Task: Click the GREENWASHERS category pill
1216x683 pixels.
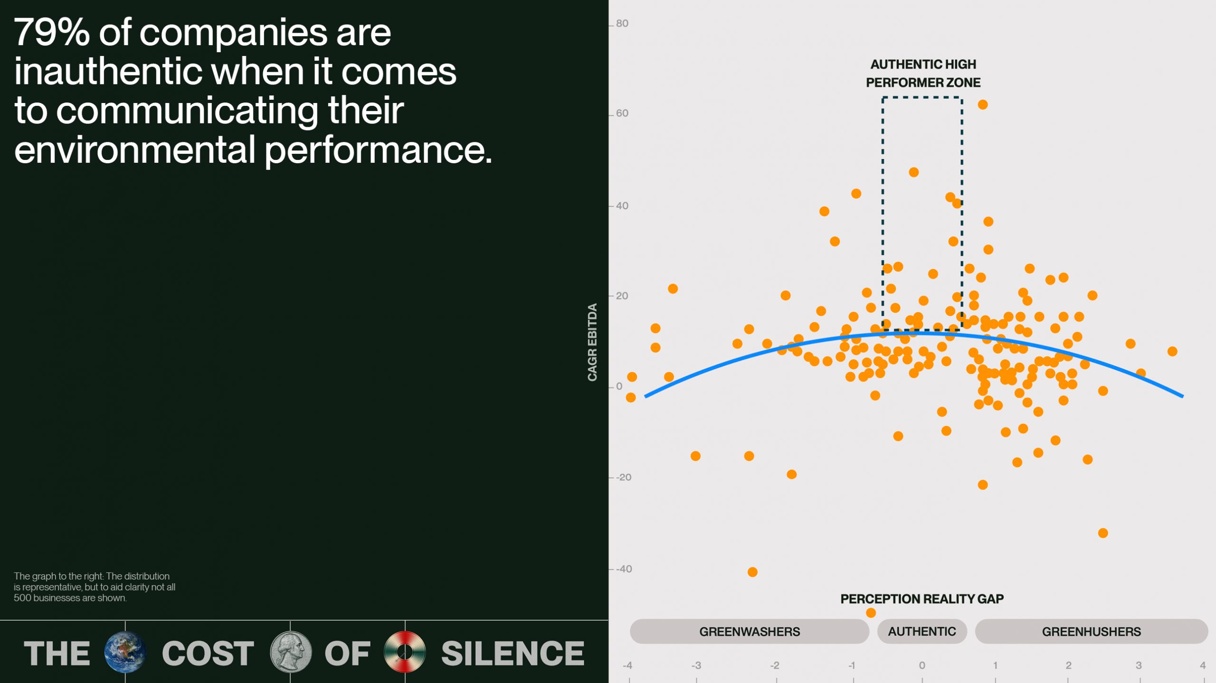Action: click(x=749, y=631)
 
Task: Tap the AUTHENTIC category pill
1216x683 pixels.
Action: click(x=921, y=631)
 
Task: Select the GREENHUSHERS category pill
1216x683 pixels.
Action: click(x=1091, y=631)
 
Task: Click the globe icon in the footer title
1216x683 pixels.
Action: click(x=125, y=652)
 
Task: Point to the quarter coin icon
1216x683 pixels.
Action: click(x=290, y=652)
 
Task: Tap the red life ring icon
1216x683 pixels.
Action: click(x=405, y=652)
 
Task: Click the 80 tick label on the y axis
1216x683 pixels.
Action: click(x=622, y=23)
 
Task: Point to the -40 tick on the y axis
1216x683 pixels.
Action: click(x=624, y=569)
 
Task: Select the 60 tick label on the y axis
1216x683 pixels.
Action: click(x=622, y=113)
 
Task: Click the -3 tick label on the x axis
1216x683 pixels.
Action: click(x=696, y=665)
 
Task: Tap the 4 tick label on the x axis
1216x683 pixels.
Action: click(x=1202, y=665)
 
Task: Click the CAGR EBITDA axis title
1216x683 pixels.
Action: click(x=592, y=342)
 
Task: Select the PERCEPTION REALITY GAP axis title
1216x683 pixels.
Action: click(x=921, y=599)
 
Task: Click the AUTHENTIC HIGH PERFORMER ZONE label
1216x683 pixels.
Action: click(x=922, y=73)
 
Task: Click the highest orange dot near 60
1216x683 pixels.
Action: click(x=982, y=104)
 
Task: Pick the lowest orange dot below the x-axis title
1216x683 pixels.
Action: click(x=870, y=613)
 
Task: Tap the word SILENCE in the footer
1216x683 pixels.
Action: click(x=513, y=653)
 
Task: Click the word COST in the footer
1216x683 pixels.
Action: click(x=208, y=653)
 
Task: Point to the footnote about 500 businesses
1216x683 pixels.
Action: click(x=94, y=587)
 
